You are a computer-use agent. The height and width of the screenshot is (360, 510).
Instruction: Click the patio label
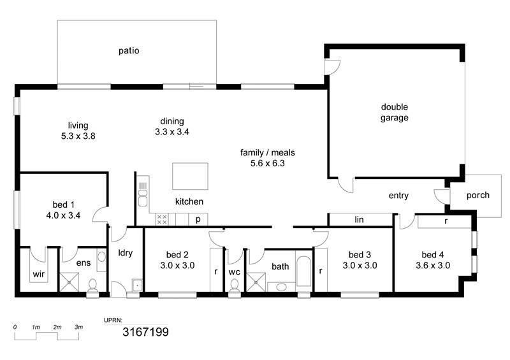click(129, 51)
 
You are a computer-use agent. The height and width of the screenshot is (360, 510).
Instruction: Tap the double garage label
click(394, 112)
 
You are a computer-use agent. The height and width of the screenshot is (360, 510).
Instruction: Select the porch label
click(477, 196)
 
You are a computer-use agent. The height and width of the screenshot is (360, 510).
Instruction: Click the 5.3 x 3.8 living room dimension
click(78, 136)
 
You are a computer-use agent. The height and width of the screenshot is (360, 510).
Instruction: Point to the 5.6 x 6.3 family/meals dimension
click(267, 163)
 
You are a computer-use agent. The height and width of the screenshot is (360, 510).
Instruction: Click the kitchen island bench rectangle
click(190, 176)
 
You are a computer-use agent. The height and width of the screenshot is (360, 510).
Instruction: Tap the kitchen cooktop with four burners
click(162, 219)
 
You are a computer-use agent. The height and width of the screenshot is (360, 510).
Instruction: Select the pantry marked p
click(198, 220)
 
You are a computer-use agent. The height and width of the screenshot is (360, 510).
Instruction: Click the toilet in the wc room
click(234, 286)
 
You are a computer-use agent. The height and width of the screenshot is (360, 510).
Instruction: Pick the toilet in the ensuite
click(93, 285)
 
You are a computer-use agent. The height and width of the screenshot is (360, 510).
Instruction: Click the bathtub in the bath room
click(304, 271)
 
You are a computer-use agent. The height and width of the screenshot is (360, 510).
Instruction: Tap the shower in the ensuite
click(69, 282)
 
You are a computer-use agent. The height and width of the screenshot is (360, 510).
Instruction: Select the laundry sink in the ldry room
click(137, 285)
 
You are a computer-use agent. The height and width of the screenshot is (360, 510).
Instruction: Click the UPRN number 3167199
click(145, 332)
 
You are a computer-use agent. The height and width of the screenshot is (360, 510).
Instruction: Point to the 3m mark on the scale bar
click(78, 327)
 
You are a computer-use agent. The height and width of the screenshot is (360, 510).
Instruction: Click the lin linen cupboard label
click(359, 220)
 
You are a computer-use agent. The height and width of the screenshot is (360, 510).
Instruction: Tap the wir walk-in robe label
click(38, 274)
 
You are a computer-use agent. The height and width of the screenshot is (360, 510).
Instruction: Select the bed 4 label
click(433, 255)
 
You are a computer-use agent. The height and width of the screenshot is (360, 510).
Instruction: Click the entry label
click(398, 196)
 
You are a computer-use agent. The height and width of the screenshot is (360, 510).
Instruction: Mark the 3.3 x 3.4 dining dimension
click(171, 132)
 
